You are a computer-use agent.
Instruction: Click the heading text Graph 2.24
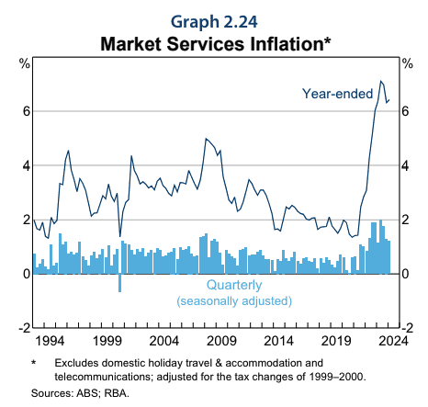coord(214,19)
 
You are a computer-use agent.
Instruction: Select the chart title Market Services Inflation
coord(214,42)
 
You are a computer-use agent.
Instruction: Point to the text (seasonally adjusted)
coord(233,300)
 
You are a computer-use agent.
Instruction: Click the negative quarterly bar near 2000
coord(119,282)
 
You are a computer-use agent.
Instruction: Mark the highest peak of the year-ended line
coord(380,81)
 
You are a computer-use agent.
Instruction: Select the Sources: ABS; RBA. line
coord(80,393)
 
